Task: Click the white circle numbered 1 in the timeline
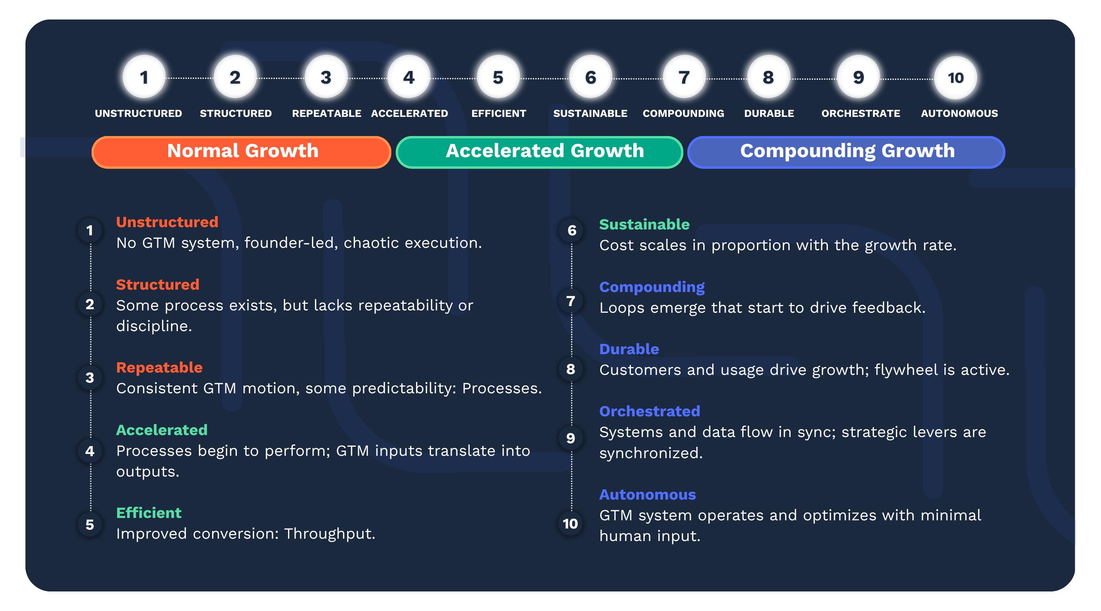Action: [x=144, y=77]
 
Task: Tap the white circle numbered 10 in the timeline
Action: [x=956, y=78]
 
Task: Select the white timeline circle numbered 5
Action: [x=498, y=77]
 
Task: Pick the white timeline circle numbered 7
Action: [x=684, y=77]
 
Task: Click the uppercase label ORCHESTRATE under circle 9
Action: [x=860, y=114]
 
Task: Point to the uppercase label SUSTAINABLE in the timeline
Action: [x=590, y=114]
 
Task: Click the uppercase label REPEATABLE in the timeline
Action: [x=326, y=114]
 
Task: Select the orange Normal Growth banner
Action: [x=241, y=152]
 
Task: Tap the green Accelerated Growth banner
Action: [x=539, y=152]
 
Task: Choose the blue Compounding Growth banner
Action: [x=846, y=152]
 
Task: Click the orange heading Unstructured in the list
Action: [x=167, y=222]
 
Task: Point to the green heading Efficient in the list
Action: [x=149, y=513]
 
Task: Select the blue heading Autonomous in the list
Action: [x=647, y=495]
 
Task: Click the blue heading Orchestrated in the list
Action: [x=650, y=411]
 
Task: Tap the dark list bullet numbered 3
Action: [x=90, y=378]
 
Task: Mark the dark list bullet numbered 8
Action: [x=571, y=369]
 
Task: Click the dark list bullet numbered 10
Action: [x=571, y=523]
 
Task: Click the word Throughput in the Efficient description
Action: [x=330, y=534]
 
